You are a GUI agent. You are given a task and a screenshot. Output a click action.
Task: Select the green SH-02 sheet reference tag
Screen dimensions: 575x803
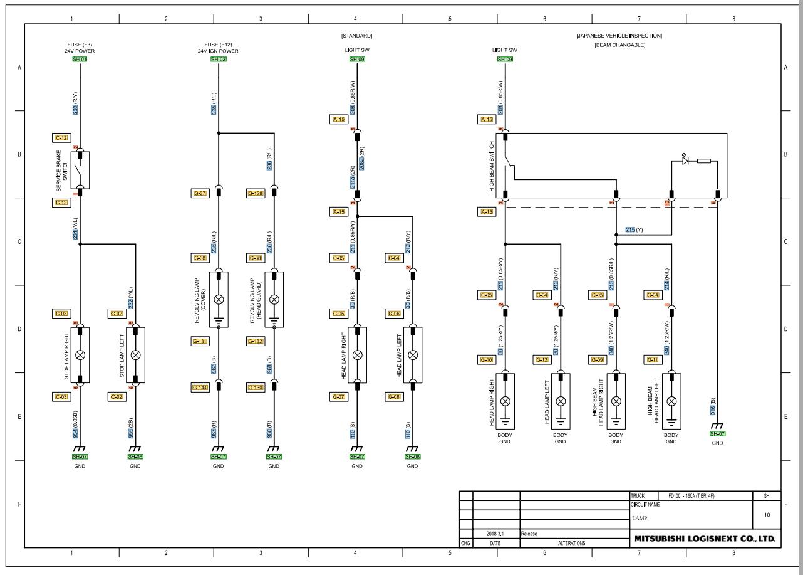pos(218,59)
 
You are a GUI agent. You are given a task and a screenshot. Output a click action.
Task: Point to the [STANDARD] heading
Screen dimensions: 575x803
pos(356,36)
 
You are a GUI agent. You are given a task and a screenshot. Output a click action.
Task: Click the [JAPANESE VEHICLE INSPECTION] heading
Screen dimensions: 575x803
pos(619,36)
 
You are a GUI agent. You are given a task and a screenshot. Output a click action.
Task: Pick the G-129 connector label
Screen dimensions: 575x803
pos(256,193)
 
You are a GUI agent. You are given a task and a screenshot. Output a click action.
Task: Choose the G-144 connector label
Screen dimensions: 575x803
pos(200,388)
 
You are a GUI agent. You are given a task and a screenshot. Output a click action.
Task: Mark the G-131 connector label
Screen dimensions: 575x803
pos(200,341)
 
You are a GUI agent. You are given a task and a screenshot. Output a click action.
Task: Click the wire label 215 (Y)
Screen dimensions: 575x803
pos(635,230)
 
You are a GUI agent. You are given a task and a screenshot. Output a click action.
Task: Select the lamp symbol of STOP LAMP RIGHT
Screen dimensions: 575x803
pos(80,355)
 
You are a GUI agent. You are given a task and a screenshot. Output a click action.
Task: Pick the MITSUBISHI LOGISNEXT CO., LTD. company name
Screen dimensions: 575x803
pos(705,539)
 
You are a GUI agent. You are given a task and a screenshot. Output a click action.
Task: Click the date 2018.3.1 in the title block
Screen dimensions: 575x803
pos(495,534)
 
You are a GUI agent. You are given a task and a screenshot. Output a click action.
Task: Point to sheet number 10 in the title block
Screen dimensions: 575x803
pos(767,515)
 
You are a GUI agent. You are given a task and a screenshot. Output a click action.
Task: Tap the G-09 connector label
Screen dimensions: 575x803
pos(598,360)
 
